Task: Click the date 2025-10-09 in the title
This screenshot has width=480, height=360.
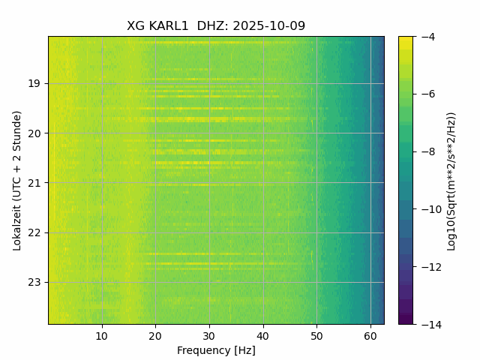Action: pyautogui.click(x=268, y=26)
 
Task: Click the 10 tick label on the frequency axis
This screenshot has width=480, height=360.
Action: pyautogui.click(x=102, y=335)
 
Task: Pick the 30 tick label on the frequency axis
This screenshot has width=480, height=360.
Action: pyautogui.click(x=209, y=335)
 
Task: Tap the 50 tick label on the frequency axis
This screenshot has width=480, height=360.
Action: pyautogui.click(x=316, y=335)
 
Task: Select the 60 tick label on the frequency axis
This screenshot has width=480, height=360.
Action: pyautogui.click(x=370, y=335)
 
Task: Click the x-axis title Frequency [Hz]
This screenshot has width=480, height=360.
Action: pyautogui.click(x=216, y=350)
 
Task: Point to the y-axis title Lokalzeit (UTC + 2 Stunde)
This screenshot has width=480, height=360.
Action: pyautogui.click(x=17, y=180)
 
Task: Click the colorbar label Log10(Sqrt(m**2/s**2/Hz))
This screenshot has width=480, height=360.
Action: pyautogui.click(x=451, y=180)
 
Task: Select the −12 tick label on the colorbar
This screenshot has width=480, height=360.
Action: pyautogui.click(x=427, y=267)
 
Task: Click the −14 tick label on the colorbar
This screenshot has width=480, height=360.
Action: pyautogui.click(x=427, y=324)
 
